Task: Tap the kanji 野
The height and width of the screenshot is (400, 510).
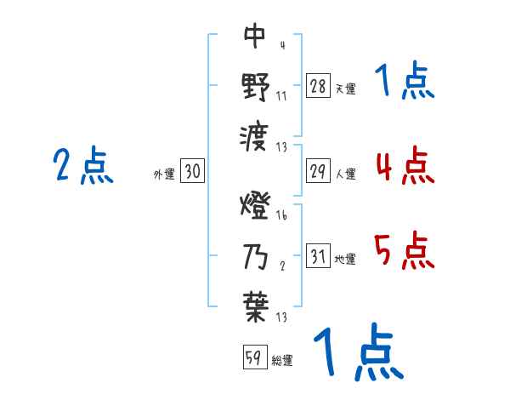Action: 255,86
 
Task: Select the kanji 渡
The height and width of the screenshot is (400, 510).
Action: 255,134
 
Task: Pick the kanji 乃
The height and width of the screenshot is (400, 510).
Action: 255,256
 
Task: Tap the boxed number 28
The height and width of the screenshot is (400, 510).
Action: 318,86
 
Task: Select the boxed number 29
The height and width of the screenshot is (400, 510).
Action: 318,171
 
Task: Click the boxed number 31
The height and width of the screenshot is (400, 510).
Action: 318,256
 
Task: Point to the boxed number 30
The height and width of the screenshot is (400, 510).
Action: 193,171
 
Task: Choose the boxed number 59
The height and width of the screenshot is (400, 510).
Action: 254,357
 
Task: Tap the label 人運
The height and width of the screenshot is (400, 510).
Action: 345,174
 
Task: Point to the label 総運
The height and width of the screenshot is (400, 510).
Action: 282,361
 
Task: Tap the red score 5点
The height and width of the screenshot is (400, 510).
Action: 405,250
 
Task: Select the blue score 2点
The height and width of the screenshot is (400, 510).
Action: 82,165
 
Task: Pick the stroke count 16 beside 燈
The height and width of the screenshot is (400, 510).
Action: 282,215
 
